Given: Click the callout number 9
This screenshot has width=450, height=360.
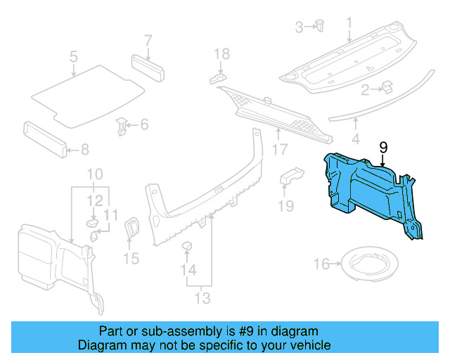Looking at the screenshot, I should pos(383,146).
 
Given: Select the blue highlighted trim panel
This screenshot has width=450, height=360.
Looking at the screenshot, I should pos(373,190).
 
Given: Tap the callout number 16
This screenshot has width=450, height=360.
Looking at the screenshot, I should pos(321,264).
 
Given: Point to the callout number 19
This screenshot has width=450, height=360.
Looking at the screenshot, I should pos(285,206).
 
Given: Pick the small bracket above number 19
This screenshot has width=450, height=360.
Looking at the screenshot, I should pos(290,176).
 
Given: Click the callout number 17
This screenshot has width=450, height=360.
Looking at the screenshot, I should pos(280,149).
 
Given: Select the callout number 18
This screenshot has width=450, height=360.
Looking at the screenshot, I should pos(221,53).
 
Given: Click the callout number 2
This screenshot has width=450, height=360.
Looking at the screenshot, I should pos(365,90).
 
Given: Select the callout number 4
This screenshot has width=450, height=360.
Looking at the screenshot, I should pos(356,139).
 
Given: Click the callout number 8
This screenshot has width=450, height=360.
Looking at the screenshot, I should pos(85,149).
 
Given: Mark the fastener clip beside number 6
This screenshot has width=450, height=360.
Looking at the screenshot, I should pos(122,127).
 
